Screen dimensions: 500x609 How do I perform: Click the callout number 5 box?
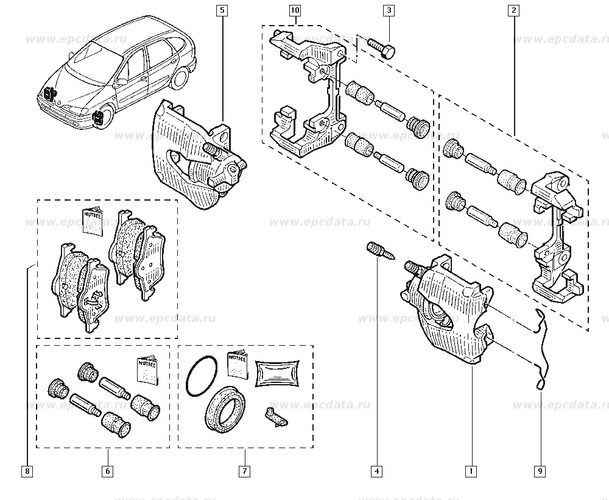coord(222,10)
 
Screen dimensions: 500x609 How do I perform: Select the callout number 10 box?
coord(295,10)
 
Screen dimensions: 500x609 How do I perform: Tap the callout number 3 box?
coord(388,10)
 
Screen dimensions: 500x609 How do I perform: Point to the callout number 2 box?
coord(514,10)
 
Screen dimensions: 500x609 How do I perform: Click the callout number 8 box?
coord(27,471)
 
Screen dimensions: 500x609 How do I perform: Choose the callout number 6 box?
coord(107,471)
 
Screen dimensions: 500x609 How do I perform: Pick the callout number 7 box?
coord(244,471)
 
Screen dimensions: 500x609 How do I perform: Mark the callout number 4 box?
coord(377,471)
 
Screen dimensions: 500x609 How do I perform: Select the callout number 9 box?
coord(540,471)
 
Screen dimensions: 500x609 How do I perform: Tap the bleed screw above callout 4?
coord(376,251)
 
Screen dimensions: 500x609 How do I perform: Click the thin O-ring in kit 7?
coord(202,375)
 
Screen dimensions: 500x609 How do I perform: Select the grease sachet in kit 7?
coord(278,372)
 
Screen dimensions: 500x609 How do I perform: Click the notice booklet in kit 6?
coord(146,369)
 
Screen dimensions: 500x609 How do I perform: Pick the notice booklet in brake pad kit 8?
coord(94,221)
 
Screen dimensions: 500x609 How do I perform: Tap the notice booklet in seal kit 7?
coord(238,365)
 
